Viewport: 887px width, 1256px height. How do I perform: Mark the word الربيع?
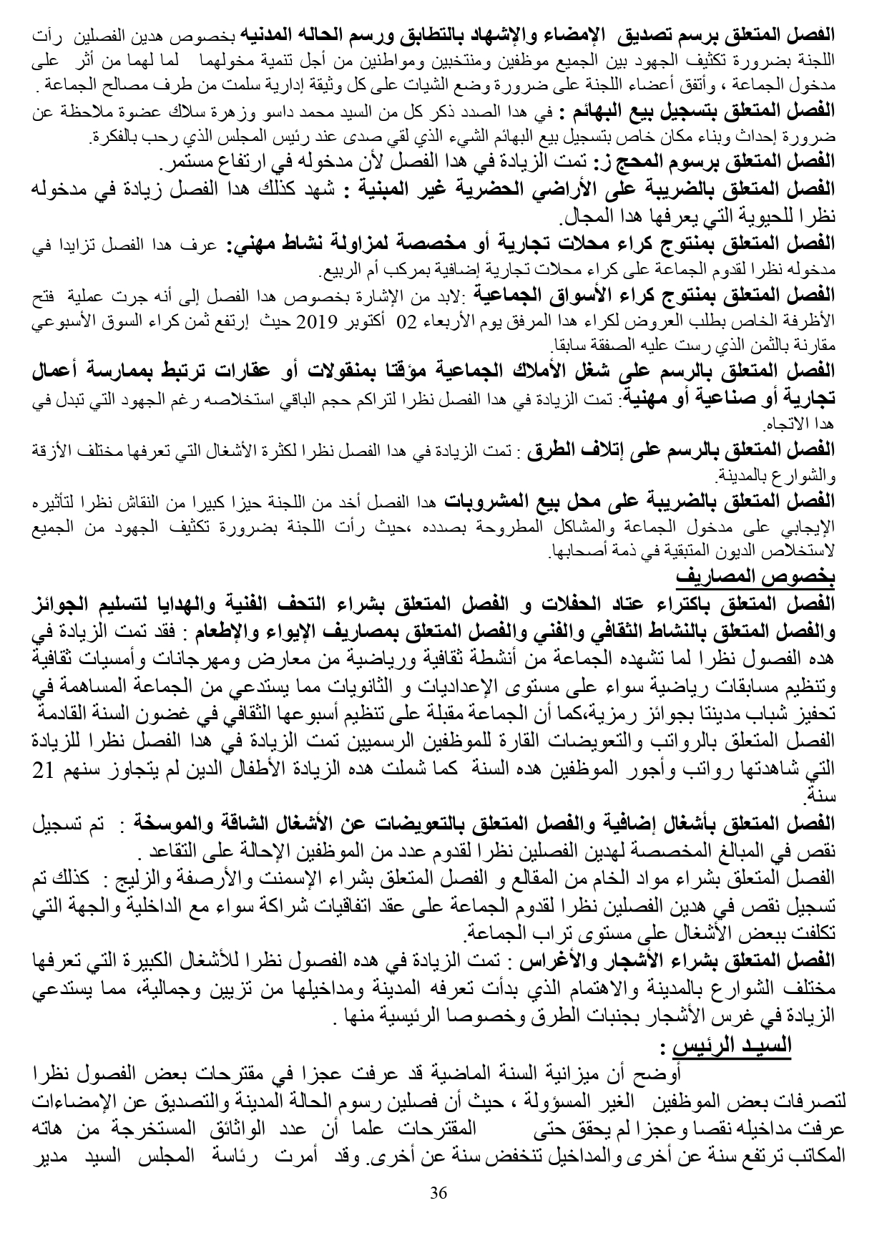pyautogui.click(x=336, y=273)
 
